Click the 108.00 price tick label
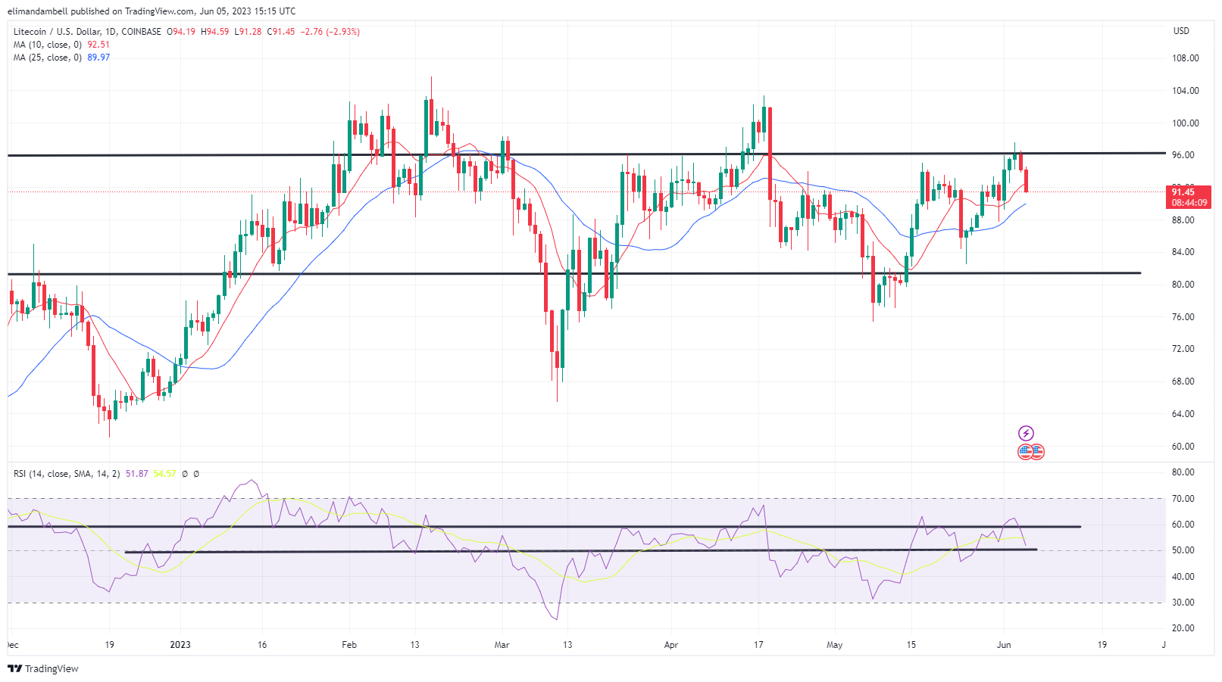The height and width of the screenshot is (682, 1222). point(1185,58)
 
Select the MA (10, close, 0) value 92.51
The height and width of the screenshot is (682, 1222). point(98,45)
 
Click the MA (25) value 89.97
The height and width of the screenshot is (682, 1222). point(98,58)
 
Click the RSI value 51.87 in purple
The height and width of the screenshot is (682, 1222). point(137,474)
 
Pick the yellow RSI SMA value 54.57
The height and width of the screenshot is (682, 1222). point(164,474)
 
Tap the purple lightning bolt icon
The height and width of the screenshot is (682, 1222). point(1026,433)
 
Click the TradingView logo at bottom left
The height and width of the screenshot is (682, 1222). point(43,669)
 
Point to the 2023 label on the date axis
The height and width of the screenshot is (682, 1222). point(180,645)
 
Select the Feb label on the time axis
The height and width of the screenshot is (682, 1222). point(349,645)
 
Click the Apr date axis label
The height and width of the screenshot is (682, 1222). point(670,645)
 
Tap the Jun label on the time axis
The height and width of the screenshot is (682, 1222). point(1004,645)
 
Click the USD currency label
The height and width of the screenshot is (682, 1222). point(1181,31)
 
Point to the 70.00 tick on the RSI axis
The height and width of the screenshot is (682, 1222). point(1183,499)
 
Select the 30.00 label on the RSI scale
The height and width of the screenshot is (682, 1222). point(1183,603)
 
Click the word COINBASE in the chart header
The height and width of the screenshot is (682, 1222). point(141,32)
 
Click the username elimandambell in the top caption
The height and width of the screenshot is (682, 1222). point(38,11)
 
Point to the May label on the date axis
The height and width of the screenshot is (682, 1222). point(834,645)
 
